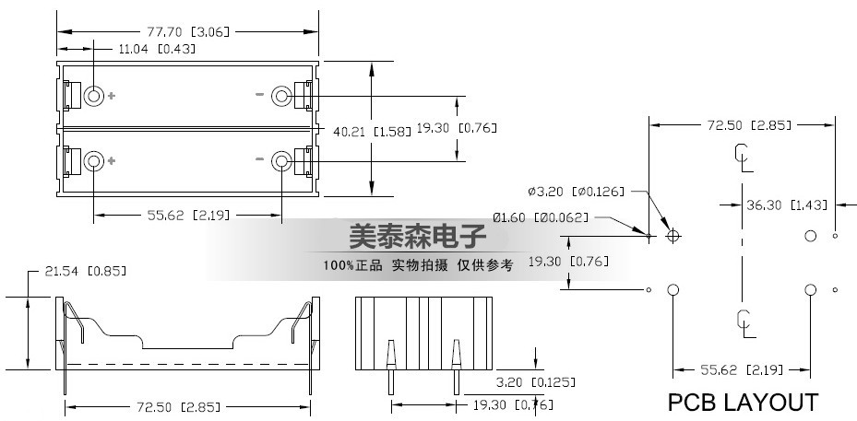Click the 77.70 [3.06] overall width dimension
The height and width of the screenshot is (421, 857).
click(187, 31)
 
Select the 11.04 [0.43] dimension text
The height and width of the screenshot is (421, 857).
click(157, 49)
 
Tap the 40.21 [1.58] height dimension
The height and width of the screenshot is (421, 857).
click(372, 131)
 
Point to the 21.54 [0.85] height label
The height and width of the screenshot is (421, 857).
click(85, 271)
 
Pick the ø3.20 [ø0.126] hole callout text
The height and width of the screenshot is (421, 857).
click(576, 192)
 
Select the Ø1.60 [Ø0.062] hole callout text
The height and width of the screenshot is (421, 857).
click(542, 217)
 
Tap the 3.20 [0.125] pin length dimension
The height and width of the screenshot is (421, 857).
click(536, 382)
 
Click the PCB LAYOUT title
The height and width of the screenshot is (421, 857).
click(743, 403)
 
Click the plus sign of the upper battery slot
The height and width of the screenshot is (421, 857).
click(112, 96)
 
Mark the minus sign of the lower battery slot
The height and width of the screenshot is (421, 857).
click(259, 158)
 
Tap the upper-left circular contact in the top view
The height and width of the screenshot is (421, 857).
click(93, 96)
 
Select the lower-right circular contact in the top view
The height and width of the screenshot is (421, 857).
click(281, 160)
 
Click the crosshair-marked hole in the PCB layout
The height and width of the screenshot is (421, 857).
click(673, 236)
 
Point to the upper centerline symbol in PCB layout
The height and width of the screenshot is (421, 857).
click(743, 158)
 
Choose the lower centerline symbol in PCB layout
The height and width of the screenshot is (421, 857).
click(745, 323)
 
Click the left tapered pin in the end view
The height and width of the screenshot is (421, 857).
click(391, 367)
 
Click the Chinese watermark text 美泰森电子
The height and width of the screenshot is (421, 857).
click(418, 236)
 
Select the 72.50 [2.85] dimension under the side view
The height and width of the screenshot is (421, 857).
click(179, 407)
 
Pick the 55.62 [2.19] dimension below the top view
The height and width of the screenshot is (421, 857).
click(188, 216)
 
